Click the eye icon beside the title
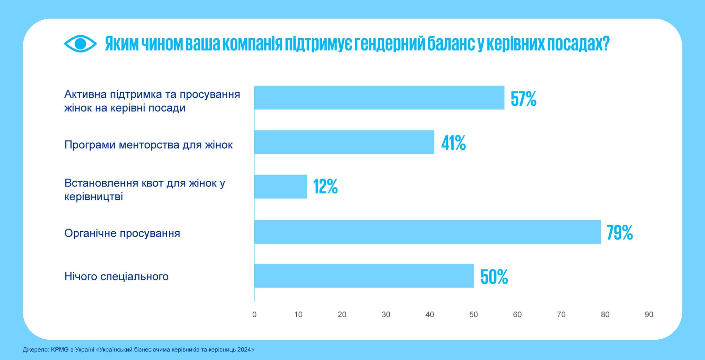[x=80, y=44]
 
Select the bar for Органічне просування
[x=427, y=232]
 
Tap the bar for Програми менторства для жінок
[x=344, y=142]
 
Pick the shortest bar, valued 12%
[x=281, y=187]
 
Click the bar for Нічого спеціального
[x=364, y=276]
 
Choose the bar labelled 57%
[x=379, y=98]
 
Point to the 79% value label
[x=620, y=233]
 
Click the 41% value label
[x=453, y=143]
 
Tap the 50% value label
[x=494, y=277]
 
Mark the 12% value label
[x=325, y=187]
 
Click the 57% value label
[x=523, y=99]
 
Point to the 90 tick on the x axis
[x=649, y=315]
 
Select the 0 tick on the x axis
[x=254, y=315]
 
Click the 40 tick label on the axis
[x=430, y=315]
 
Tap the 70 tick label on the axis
[x=561, y=315]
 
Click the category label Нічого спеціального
[x=116, y=276]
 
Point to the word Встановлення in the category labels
[x=101, y=183]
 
